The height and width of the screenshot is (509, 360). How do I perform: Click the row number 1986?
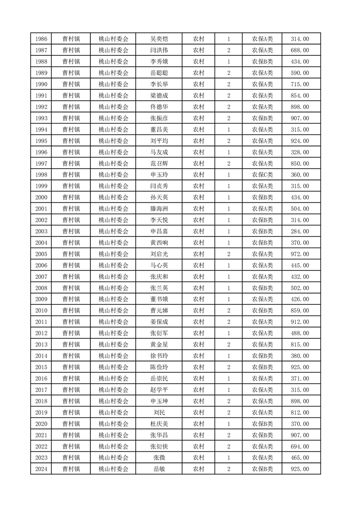pyautogui.click(x=41, y=39)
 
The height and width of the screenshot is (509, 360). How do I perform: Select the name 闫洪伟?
pyautogui.click(x=159, y=50)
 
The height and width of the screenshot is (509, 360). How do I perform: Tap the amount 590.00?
pyautogui.click(x=300, y=73)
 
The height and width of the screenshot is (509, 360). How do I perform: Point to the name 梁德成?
pyautogui.click(x=159, y=96)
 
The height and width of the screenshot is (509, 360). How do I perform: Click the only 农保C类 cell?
pyautogui.click(x=262, y=175)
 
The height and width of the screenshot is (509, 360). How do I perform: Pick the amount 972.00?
pyautogui.click(x=300, y=254)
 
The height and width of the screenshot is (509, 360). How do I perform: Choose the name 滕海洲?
pyautogui.click(x=159, y=209)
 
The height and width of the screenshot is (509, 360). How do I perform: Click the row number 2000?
pyautogui.click(x=41, y=197)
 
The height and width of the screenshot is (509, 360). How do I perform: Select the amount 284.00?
pyautogui.click(x=300, y=231)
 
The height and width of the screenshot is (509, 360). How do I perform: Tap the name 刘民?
pyautogui.click(x=159, y=412)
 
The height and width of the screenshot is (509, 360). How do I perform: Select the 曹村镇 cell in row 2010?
pyautogui.click(x=71, y=310)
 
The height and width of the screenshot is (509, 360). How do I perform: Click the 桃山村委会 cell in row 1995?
pyautogui.click(x=113, y=141)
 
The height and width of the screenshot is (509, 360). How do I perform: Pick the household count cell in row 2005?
pyautogui.click(x=229, y=254)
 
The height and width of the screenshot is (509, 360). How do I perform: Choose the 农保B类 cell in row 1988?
pyautogui.click(x=262, y=62)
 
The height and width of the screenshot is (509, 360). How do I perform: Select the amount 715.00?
pyautogui.click(x=300, y=84)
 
